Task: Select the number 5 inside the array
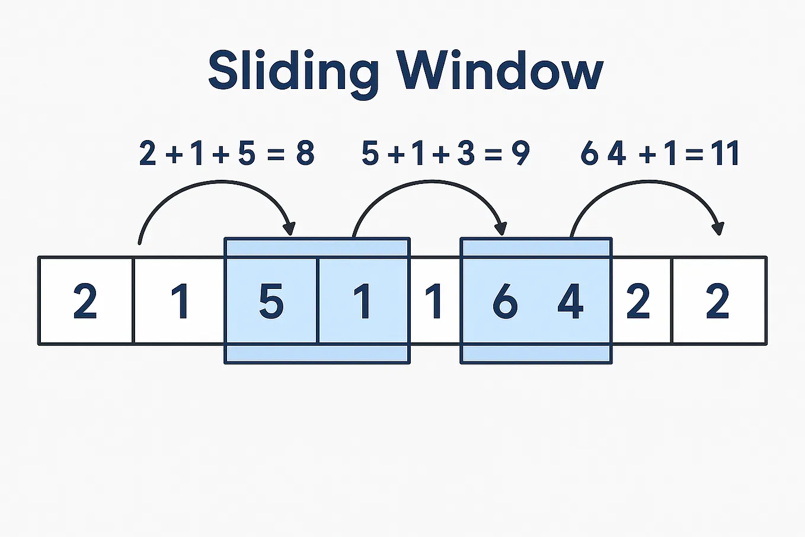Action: [271, 301]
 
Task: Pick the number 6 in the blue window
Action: [505, 301]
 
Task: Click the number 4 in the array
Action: [570, 301]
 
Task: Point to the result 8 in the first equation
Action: [305, 153]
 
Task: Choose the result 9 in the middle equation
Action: [520, 153]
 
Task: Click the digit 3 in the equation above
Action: [466, 153]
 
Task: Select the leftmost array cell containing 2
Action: [85, 301]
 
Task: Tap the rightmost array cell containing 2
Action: [717, 301]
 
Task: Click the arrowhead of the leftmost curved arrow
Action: [289, 228]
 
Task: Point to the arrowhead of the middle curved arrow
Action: [501, 228]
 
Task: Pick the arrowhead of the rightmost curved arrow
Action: [718, 228]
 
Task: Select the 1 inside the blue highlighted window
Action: [362, 301]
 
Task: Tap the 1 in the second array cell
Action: [180, 301]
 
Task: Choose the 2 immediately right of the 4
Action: [638, 301]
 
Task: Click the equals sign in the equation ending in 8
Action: [276, 154]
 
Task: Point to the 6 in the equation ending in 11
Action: [589, 153]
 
